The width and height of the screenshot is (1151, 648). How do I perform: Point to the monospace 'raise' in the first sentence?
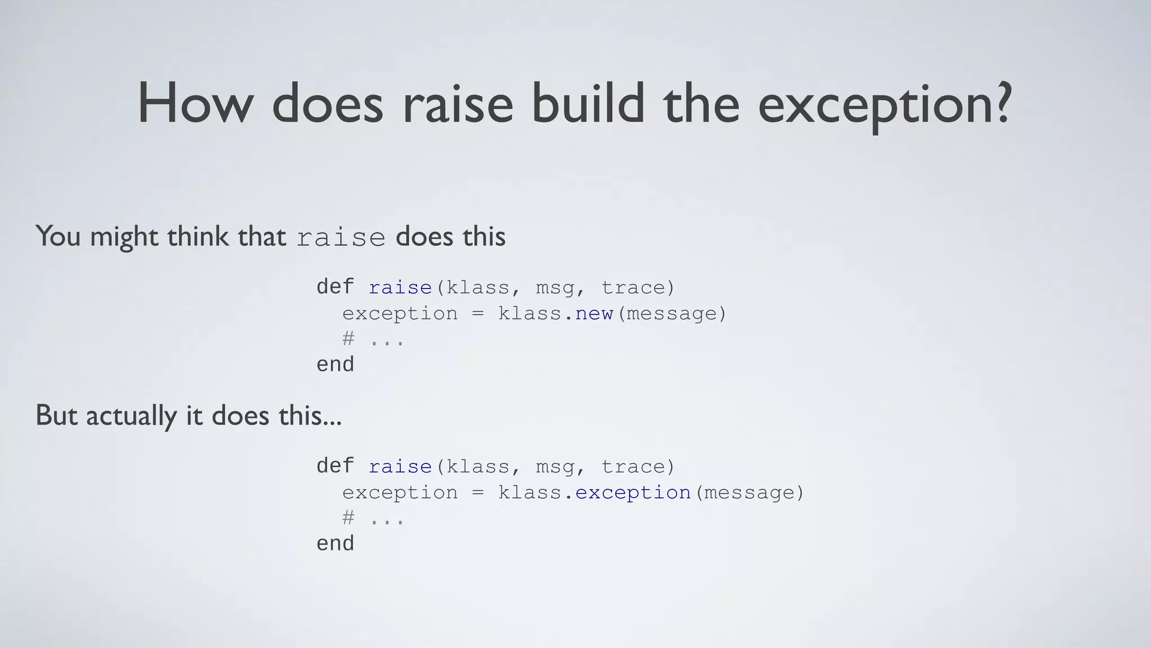[341, 237]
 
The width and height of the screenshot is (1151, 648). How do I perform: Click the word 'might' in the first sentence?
[124, 236]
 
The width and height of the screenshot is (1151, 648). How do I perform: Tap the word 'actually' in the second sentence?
[131, 416]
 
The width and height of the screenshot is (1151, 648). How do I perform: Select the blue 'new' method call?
[593, 313]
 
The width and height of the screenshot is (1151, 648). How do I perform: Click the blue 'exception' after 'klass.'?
[633, 493]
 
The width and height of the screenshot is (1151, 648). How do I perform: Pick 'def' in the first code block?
[335, 287]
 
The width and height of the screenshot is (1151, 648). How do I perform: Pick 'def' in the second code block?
[335, 466]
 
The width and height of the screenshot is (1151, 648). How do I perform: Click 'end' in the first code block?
[335, 364]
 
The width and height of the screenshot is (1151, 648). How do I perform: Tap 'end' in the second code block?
[335, 543]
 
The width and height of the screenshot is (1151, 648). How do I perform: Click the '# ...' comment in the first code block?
[373, 339]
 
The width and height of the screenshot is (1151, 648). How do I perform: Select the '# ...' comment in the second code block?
[373, 518]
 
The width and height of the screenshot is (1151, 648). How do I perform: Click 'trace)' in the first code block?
[638, 287]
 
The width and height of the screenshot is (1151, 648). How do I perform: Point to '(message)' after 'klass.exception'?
[749, 493]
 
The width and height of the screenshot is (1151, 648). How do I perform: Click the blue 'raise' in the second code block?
[400, 466]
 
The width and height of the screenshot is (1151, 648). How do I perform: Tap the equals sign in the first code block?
[478, 314]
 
